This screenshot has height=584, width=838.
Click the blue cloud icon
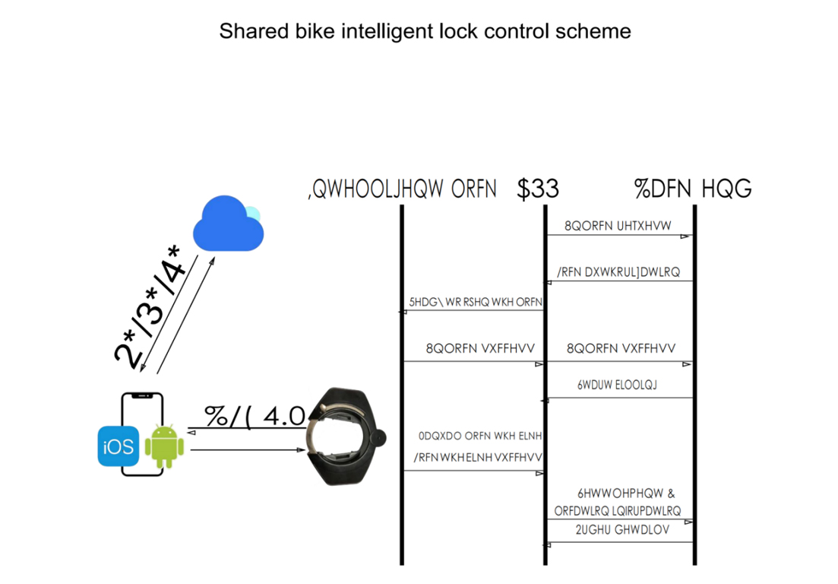point(228,224)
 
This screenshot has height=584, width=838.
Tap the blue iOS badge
point(116,446)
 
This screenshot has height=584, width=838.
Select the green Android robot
point(163,446)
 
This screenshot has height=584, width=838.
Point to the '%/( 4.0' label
point(255,417)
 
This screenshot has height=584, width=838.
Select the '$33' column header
point(537,189)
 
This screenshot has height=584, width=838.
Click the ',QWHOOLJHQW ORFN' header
point(403,189)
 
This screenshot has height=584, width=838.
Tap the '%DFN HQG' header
point(692,189)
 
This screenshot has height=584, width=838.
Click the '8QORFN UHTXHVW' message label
point(615,226)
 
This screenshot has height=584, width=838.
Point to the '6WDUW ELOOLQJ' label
point(617,385)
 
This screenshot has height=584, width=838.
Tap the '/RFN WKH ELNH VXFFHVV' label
point(477,458)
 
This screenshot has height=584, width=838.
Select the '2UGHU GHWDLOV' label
point(622,530)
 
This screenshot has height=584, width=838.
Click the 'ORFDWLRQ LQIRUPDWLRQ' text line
point(618,510)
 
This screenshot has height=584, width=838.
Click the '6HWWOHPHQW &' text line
point(625,492)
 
